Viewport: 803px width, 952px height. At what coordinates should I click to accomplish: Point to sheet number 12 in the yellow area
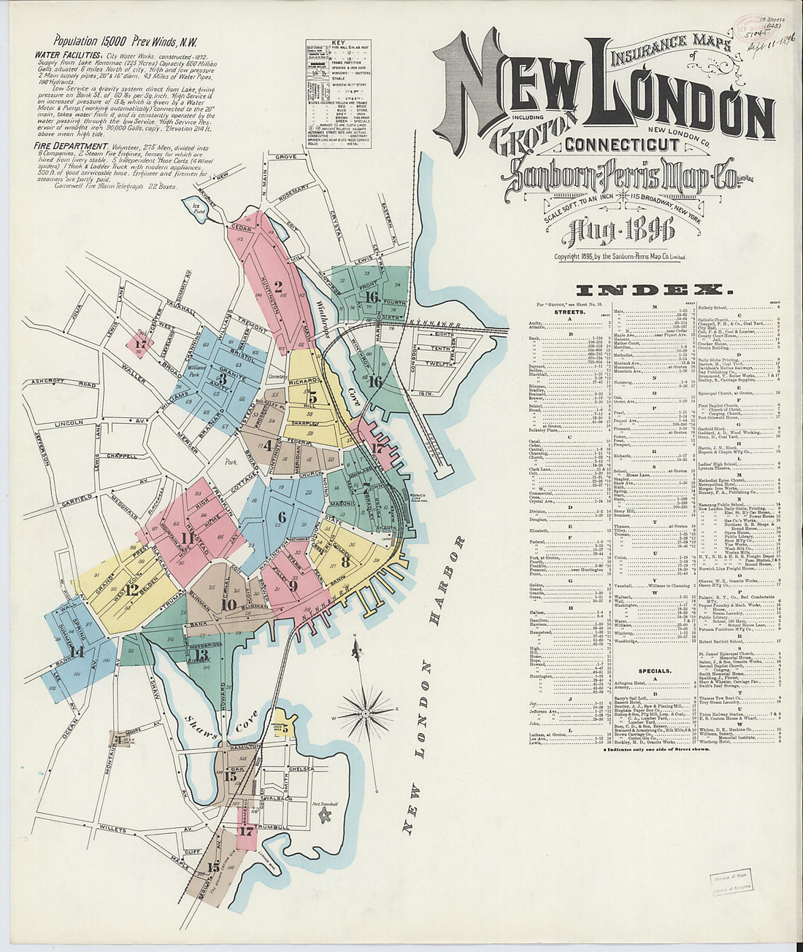132,589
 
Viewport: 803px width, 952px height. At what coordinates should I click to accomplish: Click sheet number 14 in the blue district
77,651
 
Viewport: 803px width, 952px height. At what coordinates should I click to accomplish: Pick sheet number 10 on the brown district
228,604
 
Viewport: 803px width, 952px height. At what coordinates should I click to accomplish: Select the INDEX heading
650,290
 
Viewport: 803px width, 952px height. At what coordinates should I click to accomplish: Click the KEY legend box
338,94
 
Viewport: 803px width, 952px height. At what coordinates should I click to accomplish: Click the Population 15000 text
93,41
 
